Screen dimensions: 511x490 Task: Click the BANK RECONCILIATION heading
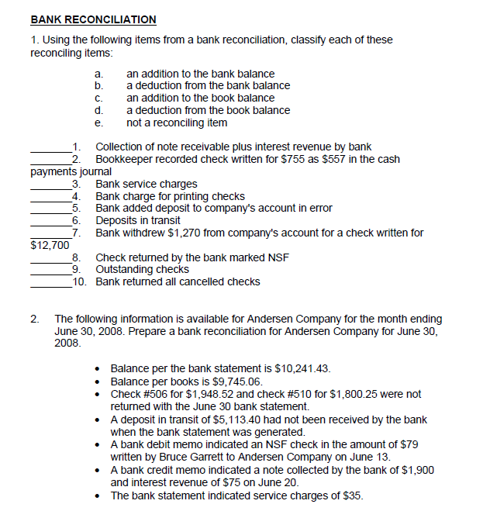coord(93,19)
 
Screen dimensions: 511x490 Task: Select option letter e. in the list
coord(98,123)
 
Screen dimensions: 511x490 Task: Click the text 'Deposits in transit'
coord(138,221)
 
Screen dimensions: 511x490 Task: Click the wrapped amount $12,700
coord(48,245)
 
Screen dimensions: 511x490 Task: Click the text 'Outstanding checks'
coord(142,270)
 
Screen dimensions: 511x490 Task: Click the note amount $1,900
coord(417,469)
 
